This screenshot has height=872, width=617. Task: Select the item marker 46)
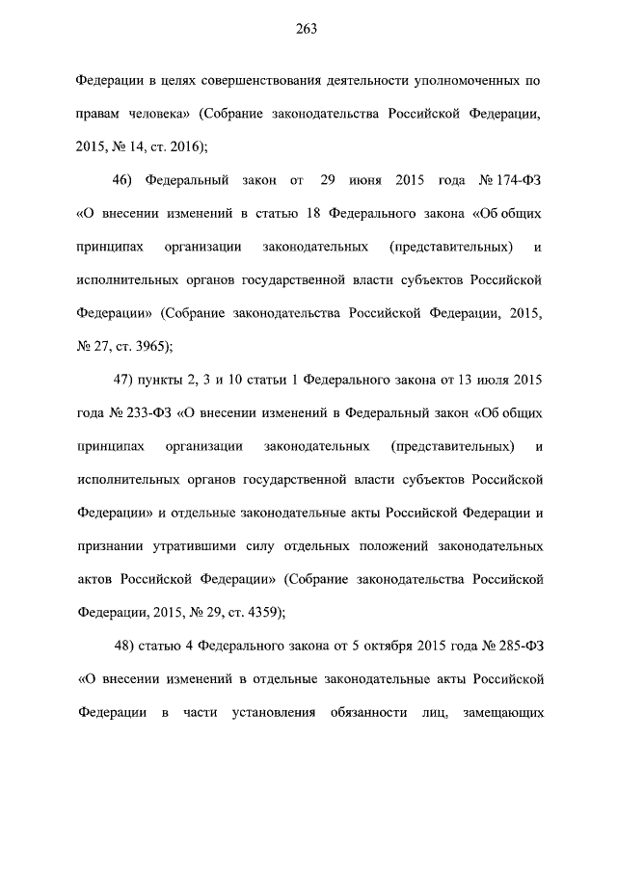click(125, 179)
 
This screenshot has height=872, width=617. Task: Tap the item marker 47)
click(125, 379)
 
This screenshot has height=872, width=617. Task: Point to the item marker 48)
click(126, 645)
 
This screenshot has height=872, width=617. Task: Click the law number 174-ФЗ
click(519, 179)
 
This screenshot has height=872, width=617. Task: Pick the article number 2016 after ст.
click(179, 146)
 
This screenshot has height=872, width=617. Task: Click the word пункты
click(166, 379)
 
